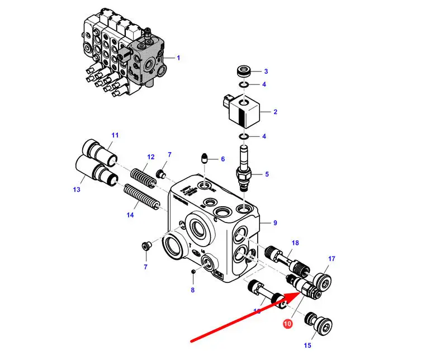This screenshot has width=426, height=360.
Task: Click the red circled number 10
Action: coord(287,323)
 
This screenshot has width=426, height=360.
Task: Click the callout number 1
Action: coord(179,58)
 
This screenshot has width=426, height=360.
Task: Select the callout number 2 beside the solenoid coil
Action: coord(275,112)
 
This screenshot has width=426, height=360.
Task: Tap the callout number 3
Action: coord(266,71)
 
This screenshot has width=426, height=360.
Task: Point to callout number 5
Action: coord(267,174)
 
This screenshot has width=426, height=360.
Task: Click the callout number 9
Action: coord(275,224)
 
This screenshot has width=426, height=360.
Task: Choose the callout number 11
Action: coord(115,135)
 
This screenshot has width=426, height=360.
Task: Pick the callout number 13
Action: coord(77,190)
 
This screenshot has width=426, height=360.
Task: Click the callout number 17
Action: coord(332,259)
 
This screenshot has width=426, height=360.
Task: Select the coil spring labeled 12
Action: coord(143,175)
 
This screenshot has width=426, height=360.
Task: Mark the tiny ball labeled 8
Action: coord(193,272)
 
